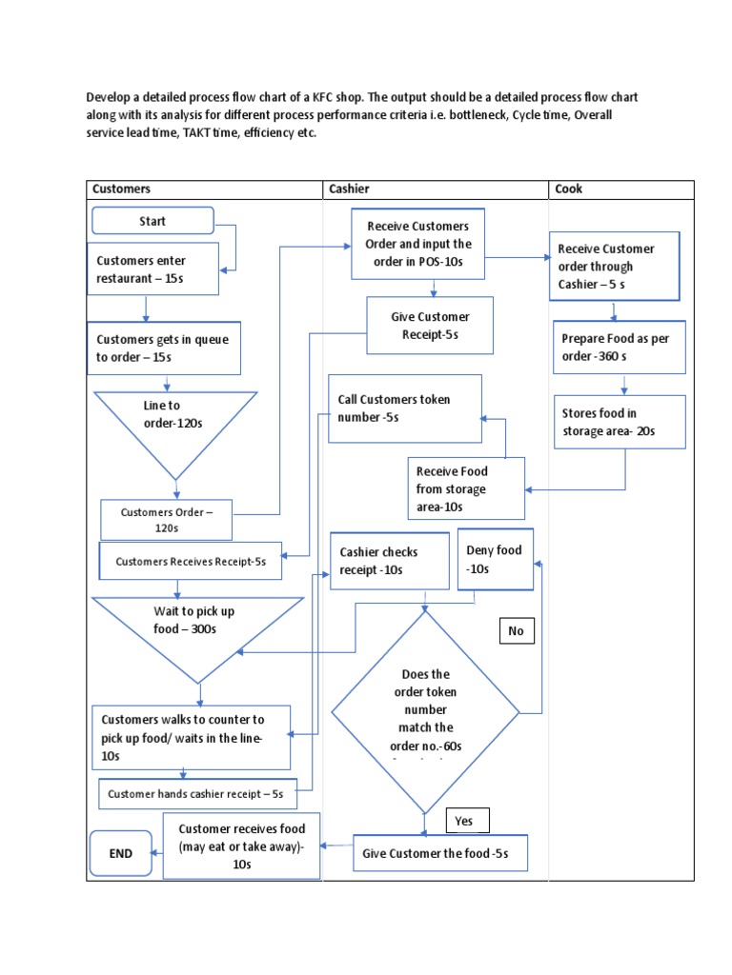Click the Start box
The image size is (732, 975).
(x=152, y=221)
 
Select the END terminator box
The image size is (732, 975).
(x=120, y=854)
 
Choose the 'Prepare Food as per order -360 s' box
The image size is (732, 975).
(x=620, y=347)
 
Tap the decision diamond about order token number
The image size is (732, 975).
(x=425, y=710)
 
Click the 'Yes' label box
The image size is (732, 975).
(x=467, y=821)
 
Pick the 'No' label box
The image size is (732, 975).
(x=518, y=630)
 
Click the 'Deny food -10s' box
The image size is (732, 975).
(x=496, y=559)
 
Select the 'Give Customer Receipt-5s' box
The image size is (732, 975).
(x=430, y=325)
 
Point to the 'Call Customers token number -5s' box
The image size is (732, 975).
(x=405, y=408)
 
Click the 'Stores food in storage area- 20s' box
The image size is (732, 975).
(x=619, y=422)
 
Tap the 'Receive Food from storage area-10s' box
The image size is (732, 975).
(x=466, y=488)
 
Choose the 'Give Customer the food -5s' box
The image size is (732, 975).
(x=439, y=853)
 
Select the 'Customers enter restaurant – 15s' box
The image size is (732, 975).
(x=154, y=269)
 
